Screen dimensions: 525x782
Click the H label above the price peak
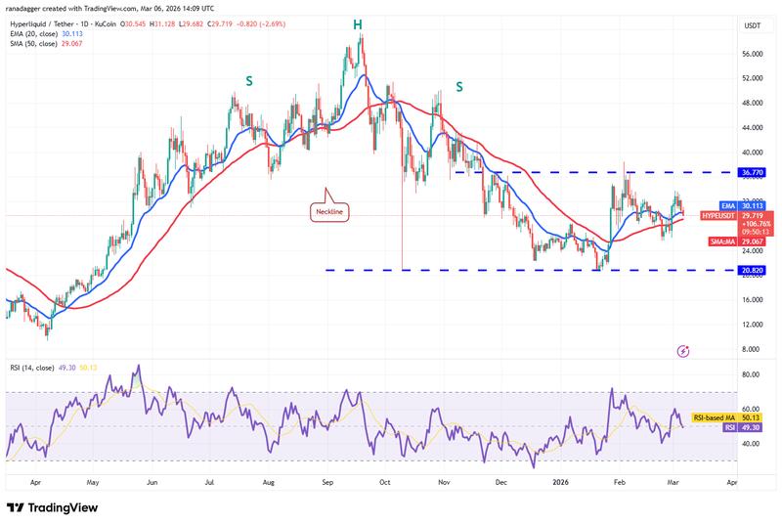tap(358, 23)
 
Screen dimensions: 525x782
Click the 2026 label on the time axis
tap(561, 482)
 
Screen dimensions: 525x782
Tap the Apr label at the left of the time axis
tap(37, 482)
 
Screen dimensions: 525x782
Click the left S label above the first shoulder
tap(249, 82)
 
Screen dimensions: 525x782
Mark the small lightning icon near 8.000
tap(683, 350)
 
